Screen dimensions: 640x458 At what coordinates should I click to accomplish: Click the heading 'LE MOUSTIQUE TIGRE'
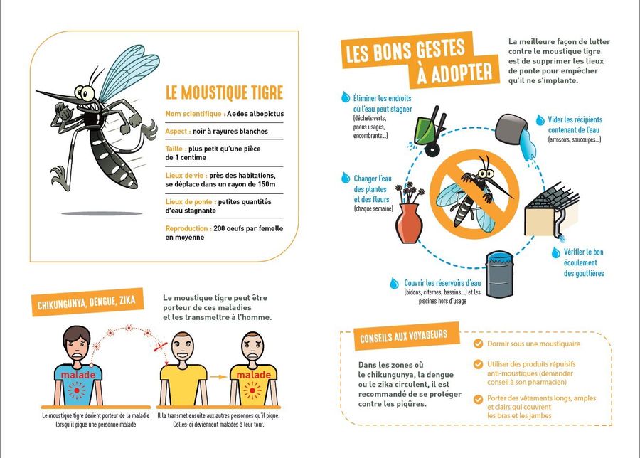224,92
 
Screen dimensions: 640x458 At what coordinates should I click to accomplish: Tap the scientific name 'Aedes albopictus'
255,114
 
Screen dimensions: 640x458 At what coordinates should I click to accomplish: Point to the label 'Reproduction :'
188,228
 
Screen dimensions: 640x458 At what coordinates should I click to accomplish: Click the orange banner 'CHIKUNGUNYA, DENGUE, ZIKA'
87,302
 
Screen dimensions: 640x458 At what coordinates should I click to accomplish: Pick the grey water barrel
500,275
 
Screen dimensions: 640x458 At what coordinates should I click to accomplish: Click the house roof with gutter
551,211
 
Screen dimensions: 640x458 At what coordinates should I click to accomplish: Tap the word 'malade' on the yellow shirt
253,375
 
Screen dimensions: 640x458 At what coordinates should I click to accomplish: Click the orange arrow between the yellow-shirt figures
218,377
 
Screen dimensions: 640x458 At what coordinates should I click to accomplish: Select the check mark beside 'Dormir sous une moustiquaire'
478,343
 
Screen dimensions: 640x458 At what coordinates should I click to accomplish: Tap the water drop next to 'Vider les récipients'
540,120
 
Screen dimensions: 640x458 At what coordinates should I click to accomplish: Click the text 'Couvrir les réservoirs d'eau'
442,283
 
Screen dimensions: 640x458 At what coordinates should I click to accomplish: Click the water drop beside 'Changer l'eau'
346,178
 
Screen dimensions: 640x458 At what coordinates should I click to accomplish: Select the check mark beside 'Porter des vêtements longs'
478,399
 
